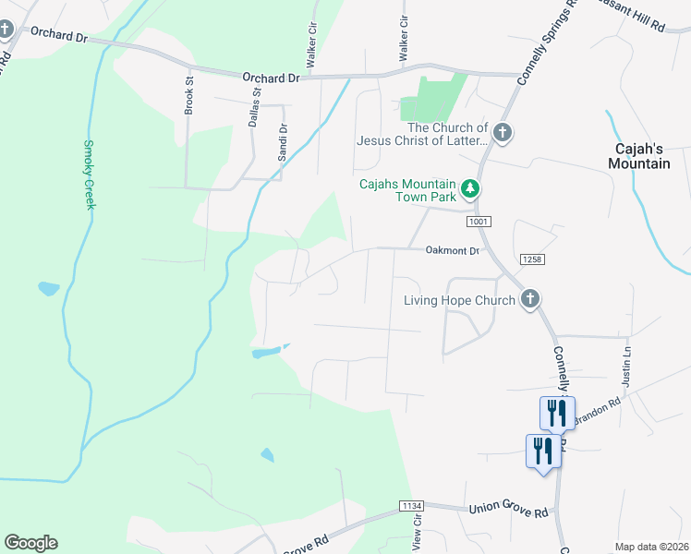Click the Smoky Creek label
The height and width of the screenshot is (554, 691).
[x=90, y=175]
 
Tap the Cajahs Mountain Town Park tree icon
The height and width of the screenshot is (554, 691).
[x=471, y=189]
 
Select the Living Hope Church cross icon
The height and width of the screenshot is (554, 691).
[x=529, y=299]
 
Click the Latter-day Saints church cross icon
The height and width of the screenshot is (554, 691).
[x=502, y=134]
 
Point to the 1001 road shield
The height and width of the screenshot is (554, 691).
[x=479, y=222]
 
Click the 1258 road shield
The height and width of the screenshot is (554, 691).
[x=530, y=259]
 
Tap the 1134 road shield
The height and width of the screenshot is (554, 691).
[x=411, y=505]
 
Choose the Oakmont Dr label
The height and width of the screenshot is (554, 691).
[x=453, y=250]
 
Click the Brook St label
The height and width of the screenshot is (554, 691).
[x=189, y=93]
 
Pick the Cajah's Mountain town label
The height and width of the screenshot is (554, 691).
[x=638, y=155]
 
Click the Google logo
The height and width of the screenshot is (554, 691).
[x=30, y=543]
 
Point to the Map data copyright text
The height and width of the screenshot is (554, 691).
[x=650, y=547]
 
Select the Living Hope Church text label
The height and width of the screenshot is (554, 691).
[x=459, y=300]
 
